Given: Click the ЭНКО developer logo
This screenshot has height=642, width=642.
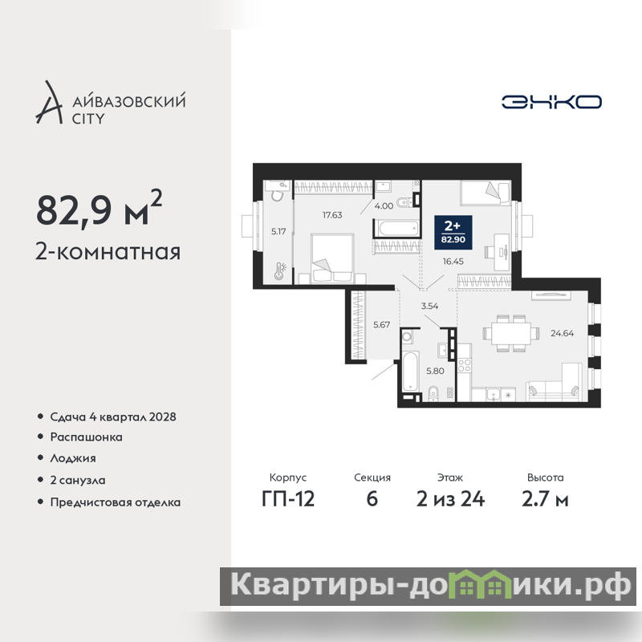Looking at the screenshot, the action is tap(551, 102).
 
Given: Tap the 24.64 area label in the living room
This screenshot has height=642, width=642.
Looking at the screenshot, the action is tap(562, 333).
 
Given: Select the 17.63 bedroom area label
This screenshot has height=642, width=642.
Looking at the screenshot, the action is tap(332, 215).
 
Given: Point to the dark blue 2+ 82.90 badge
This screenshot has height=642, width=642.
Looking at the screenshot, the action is tap(453, 232).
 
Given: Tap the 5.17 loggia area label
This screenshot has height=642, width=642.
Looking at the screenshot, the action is tap(278, 232).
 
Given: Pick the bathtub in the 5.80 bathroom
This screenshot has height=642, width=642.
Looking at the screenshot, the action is tap(409, 371).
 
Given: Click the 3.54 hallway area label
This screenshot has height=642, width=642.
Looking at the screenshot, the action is tap(429, 306).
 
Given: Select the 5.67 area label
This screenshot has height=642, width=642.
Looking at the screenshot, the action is tap(381, 325).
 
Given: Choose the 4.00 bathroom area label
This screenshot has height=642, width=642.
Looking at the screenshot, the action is tap(384, 206).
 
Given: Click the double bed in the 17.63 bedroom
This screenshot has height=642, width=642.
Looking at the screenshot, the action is tap(332, 258).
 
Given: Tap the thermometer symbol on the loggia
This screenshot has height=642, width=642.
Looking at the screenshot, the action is tap(280, 271).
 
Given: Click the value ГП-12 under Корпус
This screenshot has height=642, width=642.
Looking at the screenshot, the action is tap(288, 499).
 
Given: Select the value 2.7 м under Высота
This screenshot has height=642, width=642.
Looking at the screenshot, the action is tap(545, 499).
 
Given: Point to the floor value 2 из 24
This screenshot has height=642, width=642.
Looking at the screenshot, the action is tap(450, 499).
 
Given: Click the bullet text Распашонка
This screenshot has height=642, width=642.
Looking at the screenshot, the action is tap(87, 437).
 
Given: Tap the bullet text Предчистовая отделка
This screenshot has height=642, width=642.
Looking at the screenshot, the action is tap(116, 502).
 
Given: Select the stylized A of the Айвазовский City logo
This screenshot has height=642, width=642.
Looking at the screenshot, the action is tap(50, 103).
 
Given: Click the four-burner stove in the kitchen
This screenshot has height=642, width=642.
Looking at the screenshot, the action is tap(465, 365).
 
